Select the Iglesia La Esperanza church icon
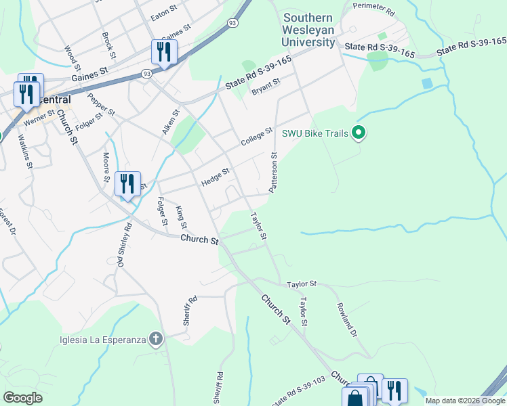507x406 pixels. point(157,339)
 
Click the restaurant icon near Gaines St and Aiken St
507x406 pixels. point(164,53)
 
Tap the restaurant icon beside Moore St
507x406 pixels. point(127,185)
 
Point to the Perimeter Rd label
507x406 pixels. point(373,9)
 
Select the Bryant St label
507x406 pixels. point(265,87)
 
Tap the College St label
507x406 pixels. point(257,137)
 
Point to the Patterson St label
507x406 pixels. point(274,173)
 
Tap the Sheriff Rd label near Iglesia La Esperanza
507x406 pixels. point(190,311)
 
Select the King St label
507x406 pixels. point(182,218)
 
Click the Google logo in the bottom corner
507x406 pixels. point(23,398)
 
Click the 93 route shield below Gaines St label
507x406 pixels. point(147,73)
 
